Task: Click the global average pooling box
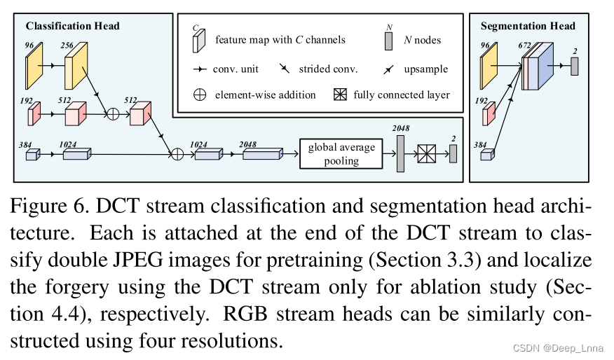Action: tap(341, 154)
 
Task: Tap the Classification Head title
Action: tap(73, 26)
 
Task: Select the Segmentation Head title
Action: tap(528, 26)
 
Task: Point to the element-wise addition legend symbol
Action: tap(200, 95)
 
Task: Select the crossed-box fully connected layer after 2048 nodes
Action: tap(427, 154)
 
